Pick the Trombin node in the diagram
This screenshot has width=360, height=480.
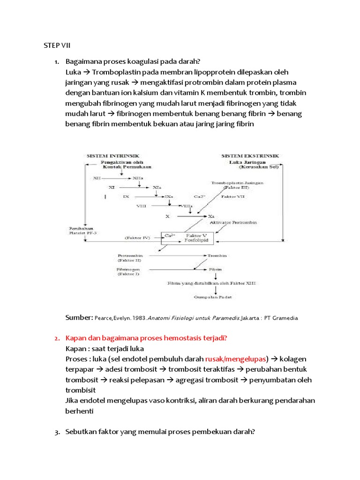coord(218,256)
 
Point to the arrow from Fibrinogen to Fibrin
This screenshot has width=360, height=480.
coord(173,270)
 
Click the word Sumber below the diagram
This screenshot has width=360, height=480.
coord(79,317)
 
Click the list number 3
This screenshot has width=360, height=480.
coord(57,432)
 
